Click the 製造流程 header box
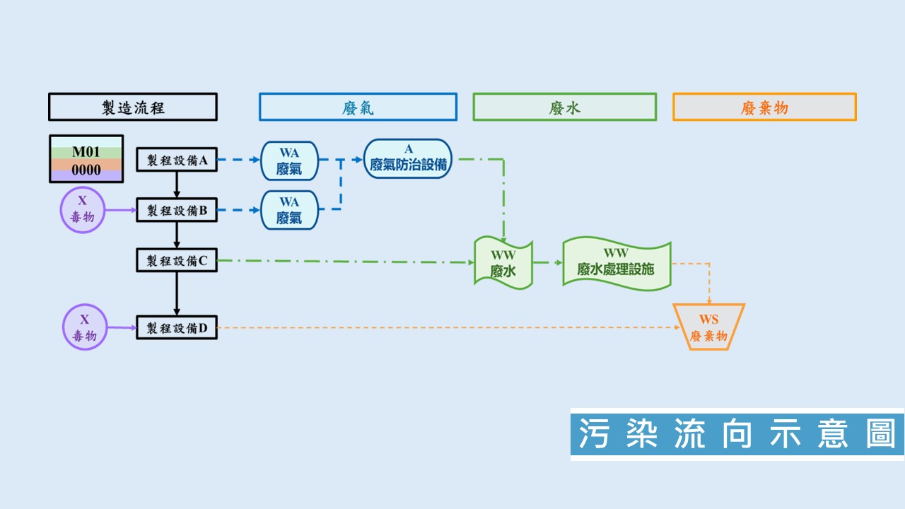[133, 107]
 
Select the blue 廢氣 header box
[358, 107]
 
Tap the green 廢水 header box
[565, 107]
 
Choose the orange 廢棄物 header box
[764, 107]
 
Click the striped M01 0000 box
[86, 159]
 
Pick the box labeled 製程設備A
[177, 160]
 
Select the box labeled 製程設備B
[177, 210]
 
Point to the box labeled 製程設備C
[177, 260]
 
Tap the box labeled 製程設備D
[177, 327]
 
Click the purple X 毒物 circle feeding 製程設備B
[83, 210]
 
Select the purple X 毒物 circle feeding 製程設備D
[85, 327]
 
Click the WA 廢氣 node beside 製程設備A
[289, 160]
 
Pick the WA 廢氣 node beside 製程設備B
[289, 210]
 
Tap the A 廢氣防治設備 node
[408, 159]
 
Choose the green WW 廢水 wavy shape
[503, 263]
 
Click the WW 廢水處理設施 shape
[617, 264]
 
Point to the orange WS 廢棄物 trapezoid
[708, 327]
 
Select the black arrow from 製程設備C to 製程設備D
[177, 293]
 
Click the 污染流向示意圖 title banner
[737, 434]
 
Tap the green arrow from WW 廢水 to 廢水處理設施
[548, 262]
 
